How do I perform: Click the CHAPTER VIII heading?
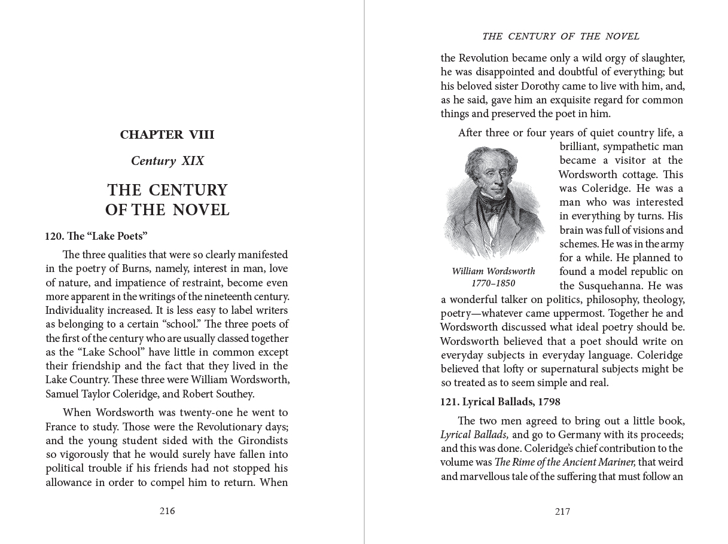pos(167,135)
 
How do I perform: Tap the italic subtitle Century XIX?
pos(167,161)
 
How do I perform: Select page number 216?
pos(167,511)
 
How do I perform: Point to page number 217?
pos(562,512)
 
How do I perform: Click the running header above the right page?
pos(561,36)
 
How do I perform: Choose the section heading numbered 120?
pos(96,236)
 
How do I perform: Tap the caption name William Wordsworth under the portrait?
pos(494,271)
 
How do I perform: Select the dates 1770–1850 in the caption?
pos(493,284)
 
